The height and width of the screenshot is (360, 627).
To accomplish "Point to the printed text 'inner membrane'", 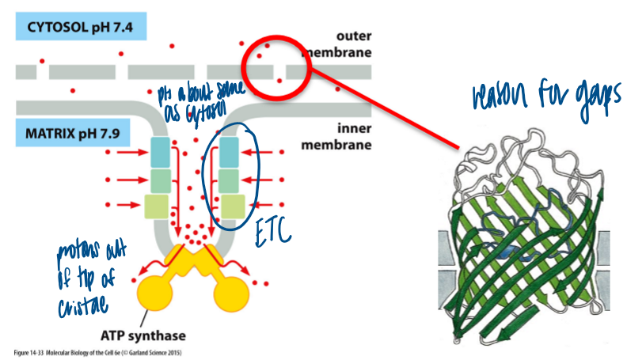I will [339, 136].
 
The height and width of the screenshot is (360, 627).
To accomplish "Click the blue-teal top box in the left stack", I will [161, 152].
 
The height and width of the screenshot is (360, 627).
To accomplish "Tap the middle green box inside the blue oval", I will [230, 180].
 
